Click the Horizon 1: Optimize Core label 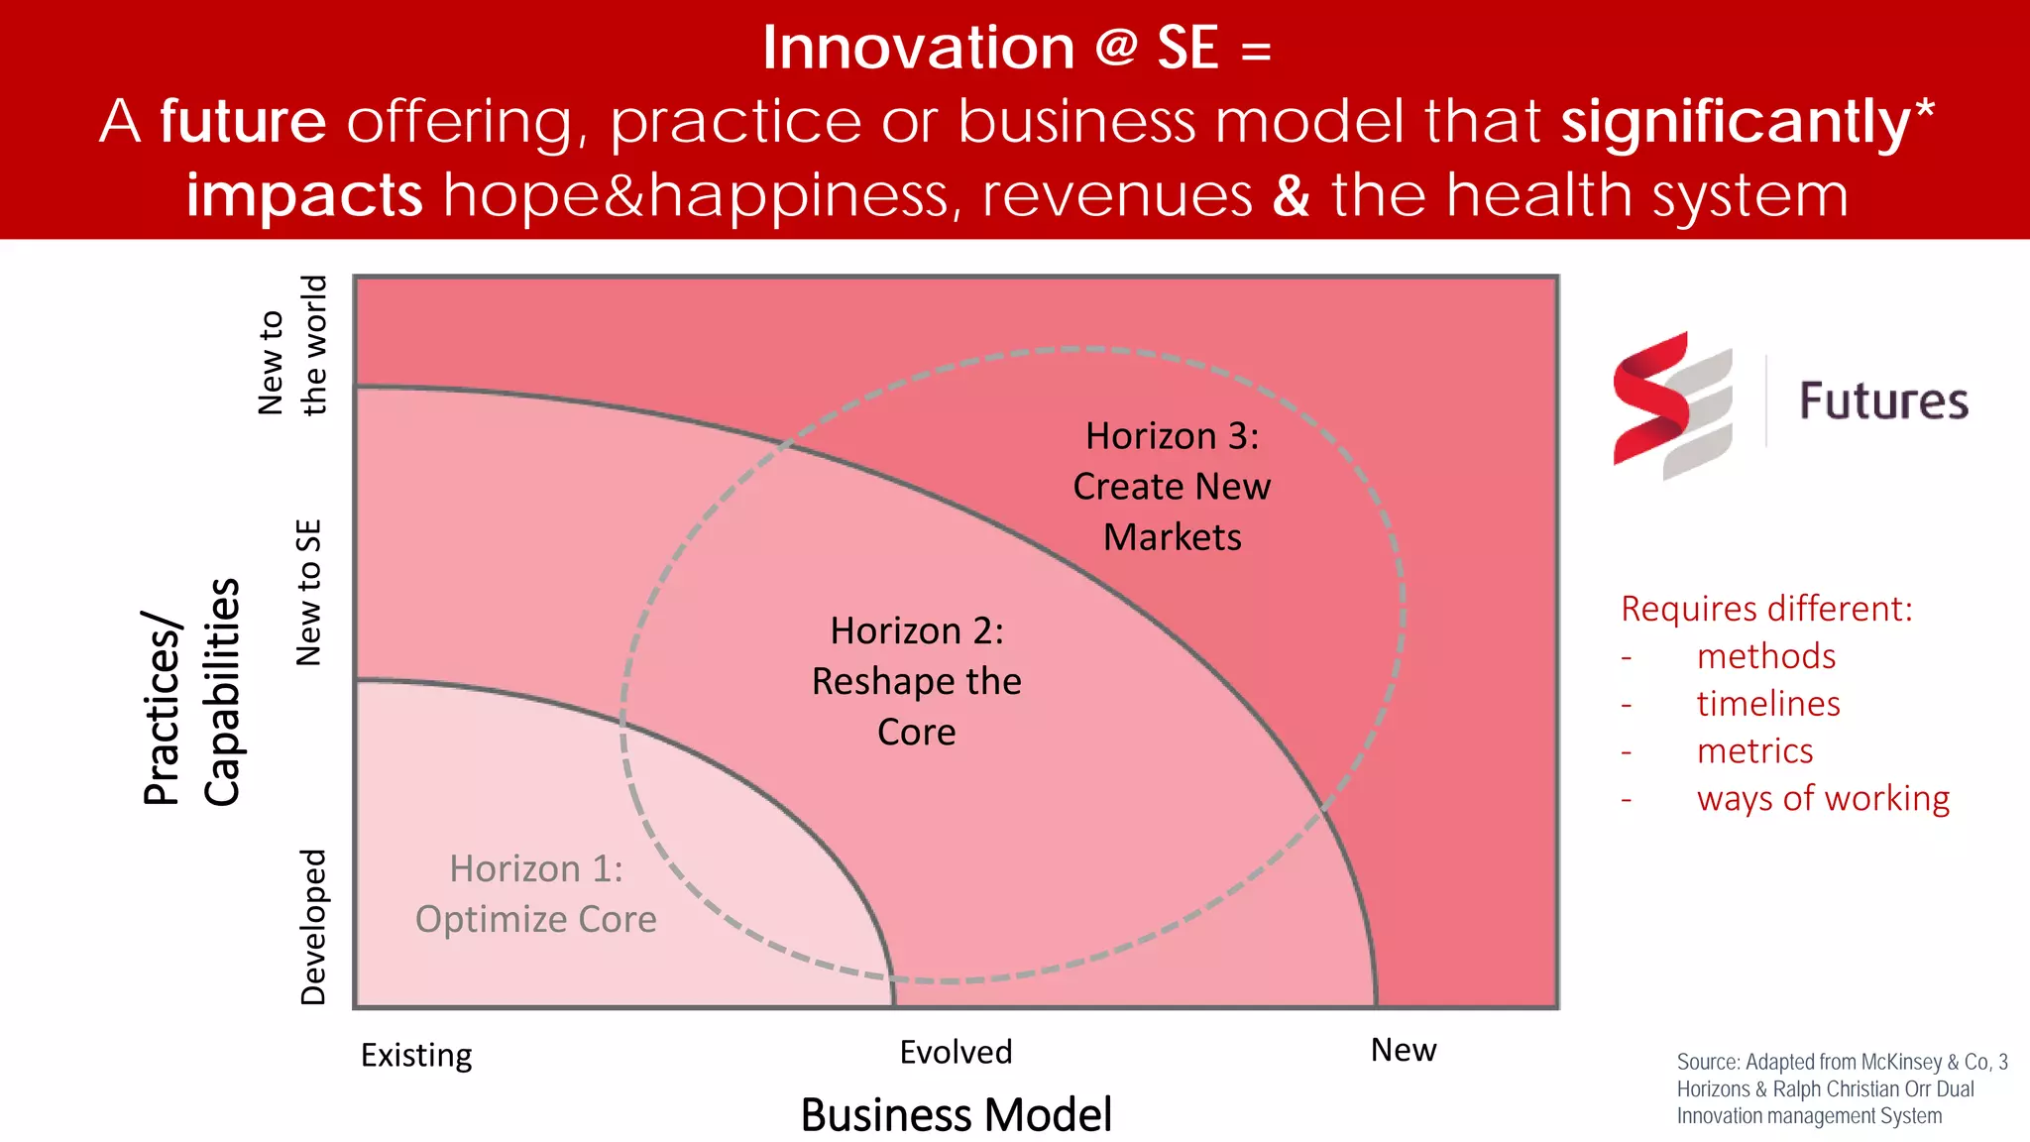coord(536,894)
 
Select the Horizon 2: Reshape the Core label coord(917,681)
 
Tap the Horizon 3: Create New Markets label coord(1172,486)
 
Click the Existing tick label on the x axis coord(416,1055)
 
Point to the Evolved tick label coord(956,1052)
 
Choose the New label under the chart coord(1403,1050)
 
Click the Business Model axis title coord(956,1114)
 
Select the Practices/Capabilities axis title coord(192,692)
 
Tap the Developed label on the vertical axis coord(313,927)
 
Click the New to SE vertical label coord(309,593)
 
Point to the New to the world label coord(291,345)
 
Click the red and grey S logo coord(1672,405)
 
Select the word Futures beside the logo coord(1883,401)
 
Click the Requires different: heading coord(1766,609)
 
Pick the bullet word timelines coord(1768,704)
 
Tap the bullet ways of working coord(1823,798)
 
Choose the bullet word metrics coord(1754,751)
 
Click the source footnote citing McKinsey coord(1842,1088)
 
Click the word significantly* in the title coord(1748,122)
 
